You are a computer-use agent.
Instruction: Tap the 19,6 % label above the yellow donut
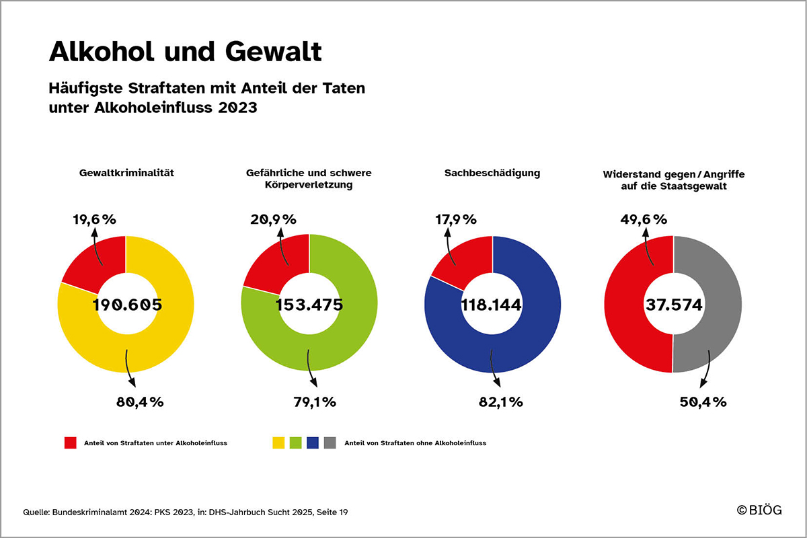94,219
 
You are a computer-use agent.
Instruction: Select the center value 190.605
128,305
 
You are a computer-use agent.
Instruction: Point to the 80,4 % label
141,402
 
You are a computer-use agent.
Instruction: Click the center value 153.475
309,305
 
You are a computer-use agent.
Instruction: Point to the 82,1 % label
500,402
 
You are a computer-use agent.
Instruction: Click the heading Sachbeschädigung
492,174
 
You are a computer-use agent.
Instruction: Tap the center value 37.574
675,305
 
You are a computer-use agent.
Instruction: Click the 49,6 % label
644,219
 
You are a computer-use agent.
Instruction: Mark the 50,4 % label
703,402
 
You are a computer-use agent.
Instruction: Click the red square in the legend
71,443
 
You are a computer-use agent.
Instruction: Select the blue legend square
312,443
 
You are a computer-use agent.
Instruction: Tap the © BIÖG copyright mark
760,510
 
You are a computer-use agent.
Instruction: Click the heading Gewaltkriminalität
126,174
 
